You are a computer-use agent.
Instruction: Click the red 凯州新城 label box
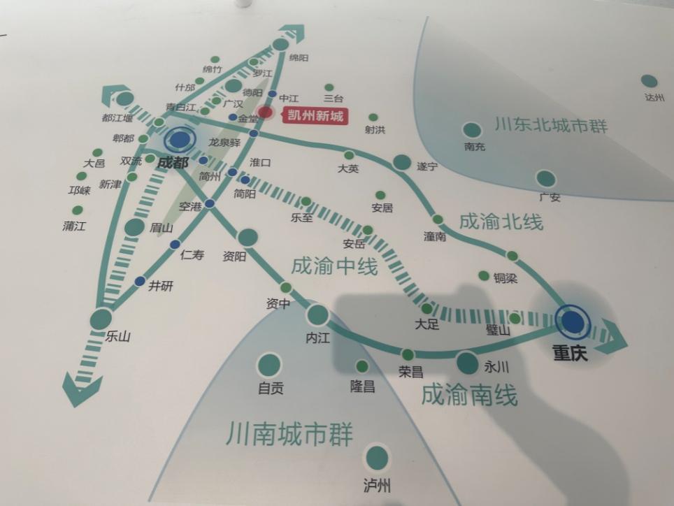pos(315,116)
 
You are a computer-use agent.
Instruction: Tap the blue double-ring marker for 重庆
pos(573,321)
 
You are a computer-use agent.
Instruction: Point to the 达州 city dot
pos(649,82)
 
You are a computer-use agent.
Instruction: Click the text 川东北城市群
pos(551,127)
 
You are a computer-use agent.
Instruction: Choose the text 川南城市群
pos(289,435)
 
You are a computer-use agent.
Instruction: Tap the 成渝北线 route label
pos(501,222)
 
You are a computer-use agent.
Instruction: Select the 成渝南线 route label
pos(469,396)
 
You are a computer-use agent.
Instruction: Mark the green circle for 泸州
pos(377,458)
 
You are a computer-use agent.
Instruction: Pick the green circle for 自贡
pos(269,364)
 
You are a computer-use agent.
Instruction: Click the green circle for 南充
pos(472,131)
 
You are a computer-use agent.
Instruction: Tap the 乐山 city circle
pos(101,319)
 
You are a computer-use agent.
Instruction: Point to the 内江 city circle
pos(317,315)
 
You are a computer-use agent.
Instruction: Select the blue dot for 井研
pos(140,281)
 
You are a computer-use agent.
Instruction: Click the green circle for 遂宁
pos(402,162)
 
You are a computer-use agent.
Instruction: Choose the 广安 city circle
pos(545,179)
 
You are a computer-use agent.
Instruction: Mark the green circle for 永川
pos(466,362)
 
